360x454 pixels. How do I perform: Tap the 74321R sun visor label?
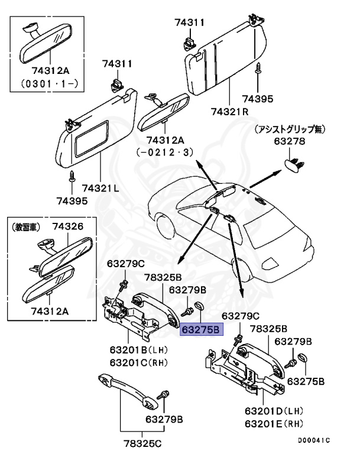click(x=230, y=111)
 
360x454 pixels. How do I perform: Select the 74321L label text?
click(x=100, y=187)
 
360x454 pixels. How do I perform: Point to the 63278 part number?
click(x=289, y=141)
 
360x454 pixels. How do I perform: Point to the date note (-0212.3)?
click(x=165, y=152)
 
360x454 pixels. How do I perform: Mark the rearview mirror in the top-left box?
click(x=45, y=47)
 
